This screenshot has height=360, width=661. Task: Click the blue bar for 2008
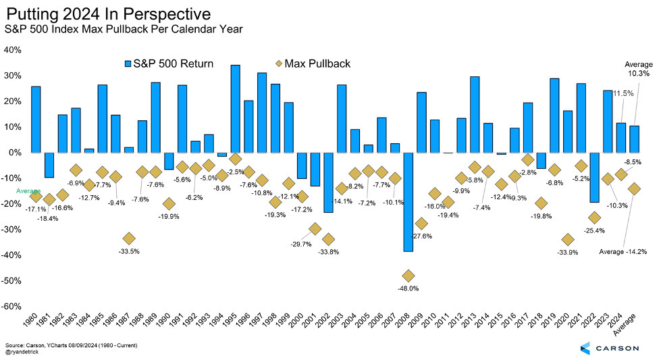pos(408,201)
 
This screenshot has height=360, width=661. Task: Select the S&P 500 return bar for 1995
pos(236,109)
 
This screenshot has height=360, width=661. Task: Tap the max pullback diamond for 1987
pos(129,238)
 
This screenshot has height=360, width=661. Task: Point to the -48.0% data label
pos(408,288)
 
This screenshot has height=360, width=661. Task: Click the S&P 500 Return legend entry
pos(169,63)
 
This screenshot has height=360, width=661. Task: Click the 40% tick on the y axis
pos(14,50)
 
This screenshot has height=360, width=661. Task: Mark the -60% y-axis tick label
pos(14,306)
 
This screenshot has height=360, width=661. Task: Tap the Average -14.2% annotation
pos(623,252)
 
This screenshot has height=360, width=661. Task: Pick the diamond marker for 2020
pos(568,240)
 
